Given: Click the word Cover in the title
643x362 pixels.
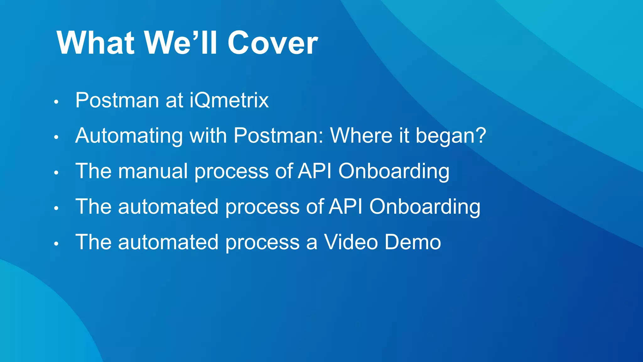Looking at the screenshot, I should tap(273, 43).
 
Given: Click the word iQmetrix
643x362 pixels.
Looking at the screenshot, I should tap(229, 101).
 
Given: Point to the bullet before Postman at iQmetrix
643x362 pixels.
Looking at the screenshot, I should tap(56, 102).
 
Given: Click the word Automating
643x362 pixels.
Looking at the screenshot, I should tap(129, 136).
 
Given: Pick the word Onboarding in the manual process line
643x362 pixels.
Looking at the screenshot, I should tap(394, 171).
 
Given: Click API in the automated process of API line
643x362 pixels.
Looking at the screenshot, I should tap(346, 207).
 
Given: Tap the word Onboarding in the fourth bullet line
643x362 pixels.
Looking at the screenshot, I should tap(424, 207).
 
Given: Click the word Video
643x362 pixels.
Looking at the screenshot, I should tap(351, 242).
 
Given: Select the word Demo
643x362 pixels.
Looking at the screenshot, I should tap(413, 242).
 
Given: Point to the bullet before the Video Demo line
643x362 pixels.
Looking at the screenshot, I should tap(56, 244).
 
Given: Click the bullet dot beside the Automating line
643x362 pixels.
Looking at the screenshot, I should tap(56, 137).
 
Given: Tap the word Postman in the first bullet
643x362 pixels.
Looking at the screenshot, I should tap(117, 101).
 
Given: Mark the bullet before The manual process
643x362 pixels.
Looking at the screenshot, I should tap(56, 173).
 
